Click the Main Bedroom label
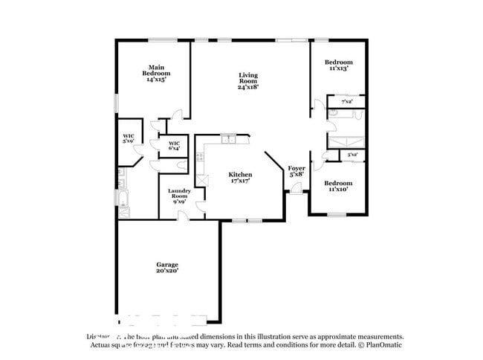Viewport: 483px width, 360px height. click(x=155, y=74)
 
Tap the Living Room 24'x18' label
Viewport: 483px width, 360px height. click(x=247, y=81)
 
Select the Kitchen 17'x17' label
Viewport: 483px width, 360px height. click(x=240, y=178)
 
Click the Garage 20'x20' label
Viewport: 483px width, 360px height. click(x=166, y=268)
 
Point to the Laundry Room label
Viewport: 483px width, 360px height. click(x=179, y=196)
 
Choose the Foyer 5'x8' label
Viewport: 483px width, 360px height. click(x=296, y=172)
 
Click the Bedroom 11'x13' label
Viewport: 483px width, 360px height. click(x=338, y=65)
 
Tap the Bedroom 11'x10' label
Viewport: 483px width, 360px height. click(x=338, y=186)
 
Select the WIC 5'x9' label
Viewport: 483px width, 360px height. click(x=129, y=138)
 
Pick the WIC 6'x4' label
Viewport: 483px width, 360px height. click(x=174, y=146)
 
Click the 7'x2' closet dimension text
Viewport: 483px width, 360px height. click(x=346, y=101)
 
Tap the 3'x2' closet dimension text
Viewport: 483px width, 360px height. click(x=352, y=155)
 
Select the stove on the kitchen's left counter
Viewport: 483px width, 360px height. click(x=199, y=158)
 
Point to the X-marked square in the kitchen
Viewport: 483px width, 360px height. click(x=201, y=180)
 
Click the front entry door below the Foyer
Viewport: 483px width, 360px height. click(x=296, y=191)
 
